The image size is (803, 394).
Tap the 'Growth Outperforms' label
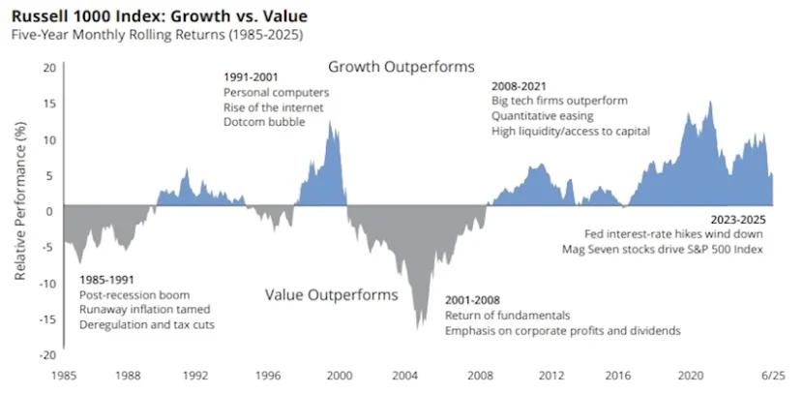click(x=401, y=67)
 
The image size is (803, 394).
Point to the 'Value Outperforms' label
click(x=331, y=294)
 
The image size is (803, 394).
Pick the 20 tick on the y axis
click(x=50, y=68)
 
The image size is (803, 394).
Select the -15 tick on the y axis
click(x=47, y=319)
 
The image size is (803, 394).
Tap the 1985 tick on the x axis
click(x=64, y=375)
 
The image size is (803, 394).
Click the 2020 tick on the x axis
click(x=690, y=375)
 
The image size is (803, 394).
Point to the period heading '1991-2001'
click(x=250, y=76)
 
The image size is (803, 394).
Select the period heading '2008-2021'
click(x=519, y=85)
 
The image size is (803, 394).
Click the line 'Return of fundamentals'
click(x=507, y=316)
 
